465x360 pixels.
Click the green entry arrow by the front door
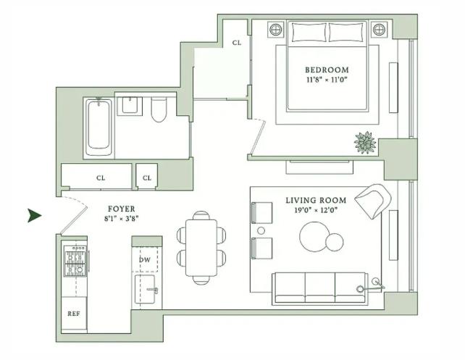[33, 215]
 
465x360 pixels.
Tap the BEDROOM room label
[327, 70]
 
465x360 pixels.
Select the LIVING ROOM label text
[316, 201]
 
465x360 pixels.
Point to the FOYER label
[121, 209]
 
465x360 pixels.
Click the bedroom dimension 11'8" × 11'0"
[327, 80]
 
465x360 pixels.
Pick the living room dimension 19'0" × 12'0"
[316, 210]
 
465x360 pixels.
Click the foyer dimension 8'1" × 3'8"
[121, 219]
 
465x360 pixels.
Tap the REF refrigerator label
[74, 314]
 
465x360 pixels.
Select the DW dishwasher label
[145, 260]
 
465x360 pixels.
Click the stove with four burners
[75, 261]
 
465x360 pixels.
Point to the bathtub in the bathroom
[99, 127]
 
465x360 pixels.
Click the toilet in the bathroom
[159, 109]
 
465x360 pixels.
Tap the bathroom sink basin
[130, 105]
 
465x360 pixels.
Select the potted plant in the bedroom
[365, 143]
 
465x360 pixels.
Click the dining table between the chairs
[201, 248]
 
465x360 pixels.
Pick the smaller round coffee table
[334, 242]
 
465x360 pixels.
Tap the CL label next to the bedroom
[237, 43]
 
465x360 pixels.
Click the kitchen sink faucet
[153, 290]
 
